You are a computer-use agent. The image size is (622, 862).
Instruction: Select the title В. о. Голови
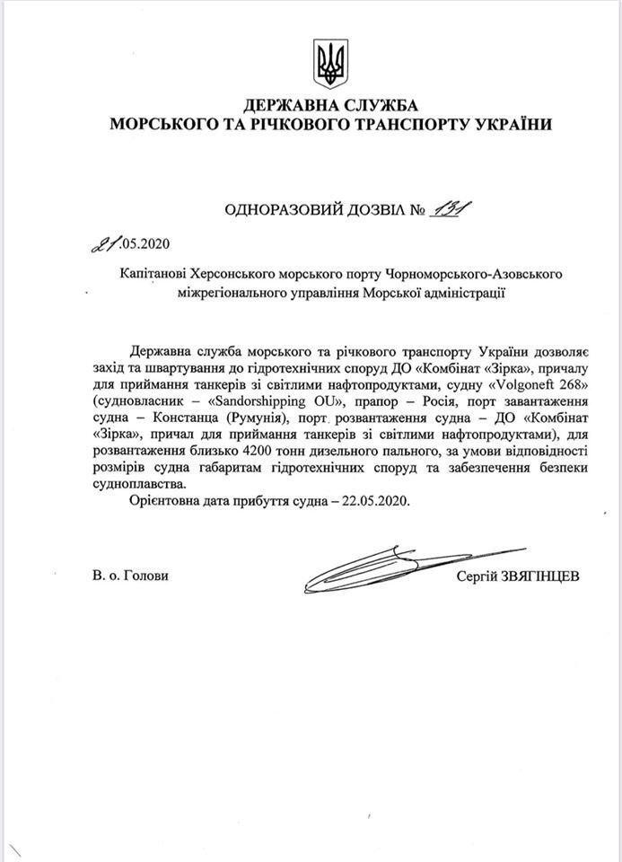[x=129, y=576]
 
